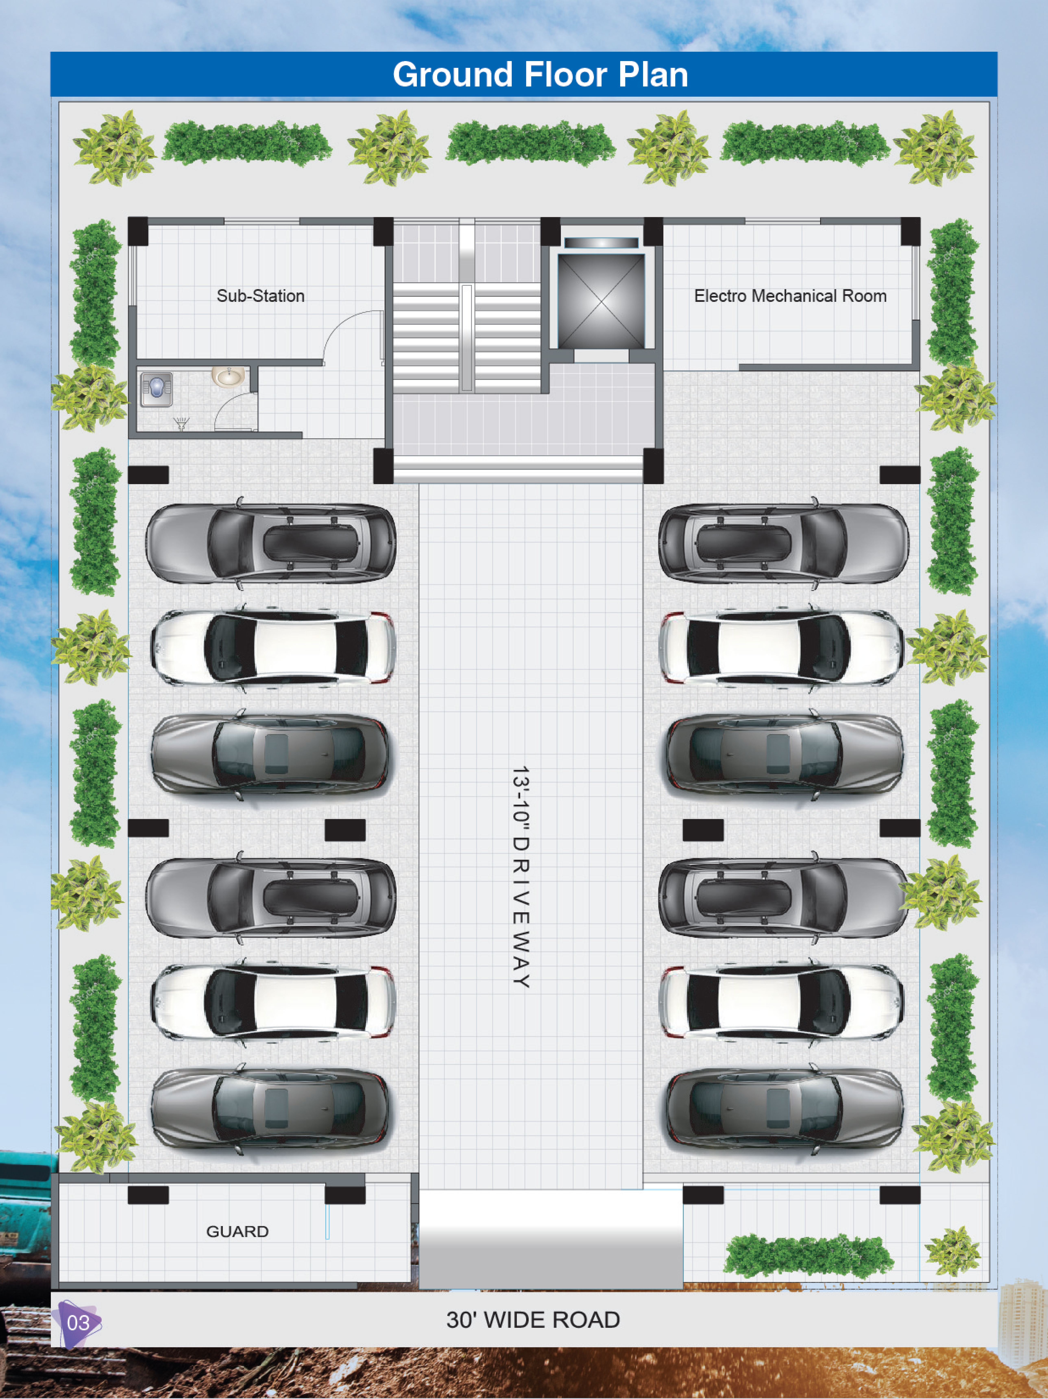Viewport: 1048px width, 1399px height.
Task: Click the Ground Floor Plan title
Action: point(540,75)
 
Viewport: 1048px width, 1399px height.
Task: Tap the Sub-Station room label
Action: point(260,296)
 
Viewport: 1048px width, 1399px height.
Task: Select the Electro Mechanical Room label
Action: point(790,296)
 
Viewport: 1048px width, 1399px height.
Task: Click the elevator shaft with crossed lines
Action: point(601,301)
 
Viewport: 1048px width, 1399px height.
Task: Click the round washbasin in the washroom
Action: point(228,377)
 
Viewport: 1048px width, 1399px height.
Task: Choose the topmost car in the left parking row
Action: point(270,543)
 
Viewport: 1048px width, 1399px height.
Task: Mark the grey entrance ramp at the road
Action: point(551,1240)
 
